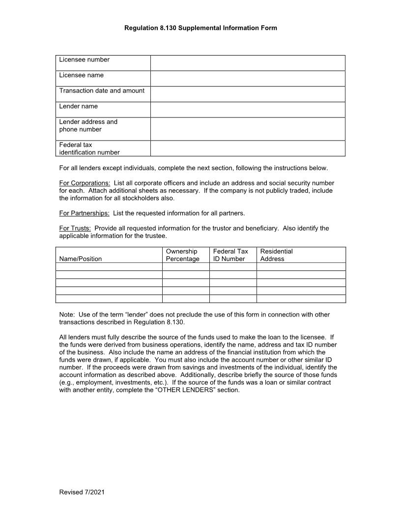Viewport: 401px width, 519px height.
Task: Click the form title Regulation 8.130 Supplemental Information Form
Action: pyautogui.click(x=200, y=28)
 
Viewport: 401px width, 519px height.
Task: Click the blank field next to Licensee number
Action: pyautogui.click(x=248, y=63)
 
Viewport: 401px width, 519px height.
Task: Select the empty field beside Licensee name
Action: pyautogui.click(x=248, y=79)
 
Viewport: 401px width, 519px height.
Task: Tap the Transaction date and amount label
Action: pyautogui.click(x=102, y=90)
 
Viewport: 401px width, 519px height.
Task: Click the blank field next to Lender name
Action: pyautogui.click(x=248, y=110)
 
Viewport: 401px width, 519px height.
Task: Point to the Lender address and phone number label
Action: pyautogui.click(x=88, y=126)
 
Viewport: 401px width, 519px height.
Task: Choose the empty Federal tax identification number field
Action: pyautogui.click(x=248, y=148)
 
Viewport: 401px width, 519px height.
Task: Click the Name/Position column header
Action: pyautogui.click(x=81, y=259)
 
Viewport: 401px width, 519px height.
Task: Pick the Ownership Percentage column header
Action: pyautogui.click(x=182, y=255)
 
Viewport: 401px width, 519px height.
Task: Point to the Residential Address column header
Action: pyautogui.click(x=276, y=255)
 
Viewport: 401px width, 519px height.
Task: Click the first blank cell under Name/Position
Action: pyautogui.click(x=109, y=267)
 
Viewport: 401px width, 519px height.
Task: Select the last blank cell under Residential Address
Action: pyautogui.click(x=301, y=298)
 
